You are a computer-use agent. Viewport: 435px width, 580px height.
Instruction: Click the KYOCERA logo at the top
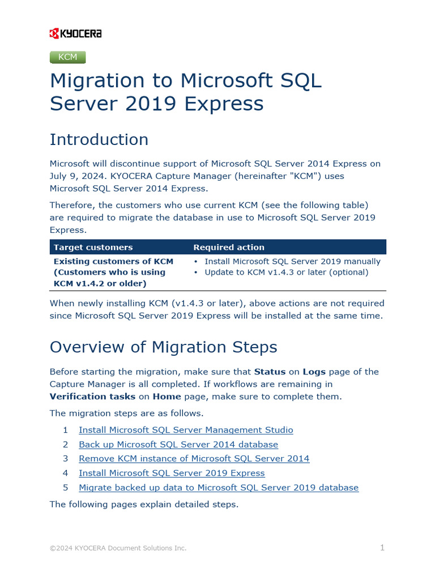tap(75, 34)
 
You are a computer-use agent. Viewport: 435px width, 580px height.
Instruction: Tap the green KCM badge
tap(68, 57)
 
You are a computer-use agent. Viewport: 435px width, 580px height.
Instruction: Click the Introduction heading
tap(99, 139)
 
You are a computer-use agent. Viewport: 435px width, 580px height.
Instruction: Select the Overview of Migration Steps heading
tap(164, 347)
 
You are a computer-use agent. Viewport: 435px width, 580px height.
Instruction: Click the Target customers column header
tap(93, 248)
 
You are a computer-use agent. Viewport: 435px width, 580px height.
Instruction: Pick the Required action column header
tap(229, 248)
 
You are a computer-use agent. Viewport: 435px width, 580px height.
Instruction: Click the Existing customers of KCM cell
tap(113, 272)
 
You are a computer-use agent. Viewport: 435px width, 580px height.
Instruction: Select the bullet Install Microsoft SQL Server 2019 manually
tap(292, 262)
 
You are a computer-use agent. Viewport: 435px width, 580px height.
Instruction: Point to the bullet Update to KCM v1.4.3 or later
tap(286, 272)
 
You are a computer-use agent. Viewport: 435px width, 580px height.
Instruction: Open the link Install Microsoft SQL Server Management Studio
tap(186, 430)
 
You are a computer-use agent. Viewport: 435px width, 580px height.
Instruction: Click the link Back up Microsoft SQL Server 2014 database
tap(178, 445)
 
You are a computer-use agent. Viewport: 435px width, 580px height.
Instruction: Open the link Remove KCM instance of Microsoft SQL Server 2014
tap(194, 459)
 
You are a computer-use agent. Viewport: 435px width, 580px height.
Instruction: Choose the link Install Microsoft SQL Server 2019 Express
tap(172, 473)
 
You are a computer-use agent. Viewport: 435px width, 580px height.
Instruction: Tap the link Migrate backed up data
tap(219, 488)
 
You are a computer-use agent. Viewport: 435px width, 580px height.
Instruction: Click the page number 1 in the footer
tap(382, 548)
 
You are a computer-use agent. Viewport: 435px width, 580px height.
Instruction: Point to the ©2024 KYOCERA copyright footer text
tap(118, 548)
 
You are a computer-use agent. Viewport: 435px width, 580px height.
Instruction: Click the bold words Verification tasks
tap(92, 396)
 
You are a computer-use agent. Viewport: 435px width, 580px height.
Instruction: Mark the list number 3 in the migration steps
tap(66, 459)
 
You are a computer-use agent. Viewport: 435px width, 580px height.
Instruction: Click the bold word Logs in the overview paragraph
tap(314, 372)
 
